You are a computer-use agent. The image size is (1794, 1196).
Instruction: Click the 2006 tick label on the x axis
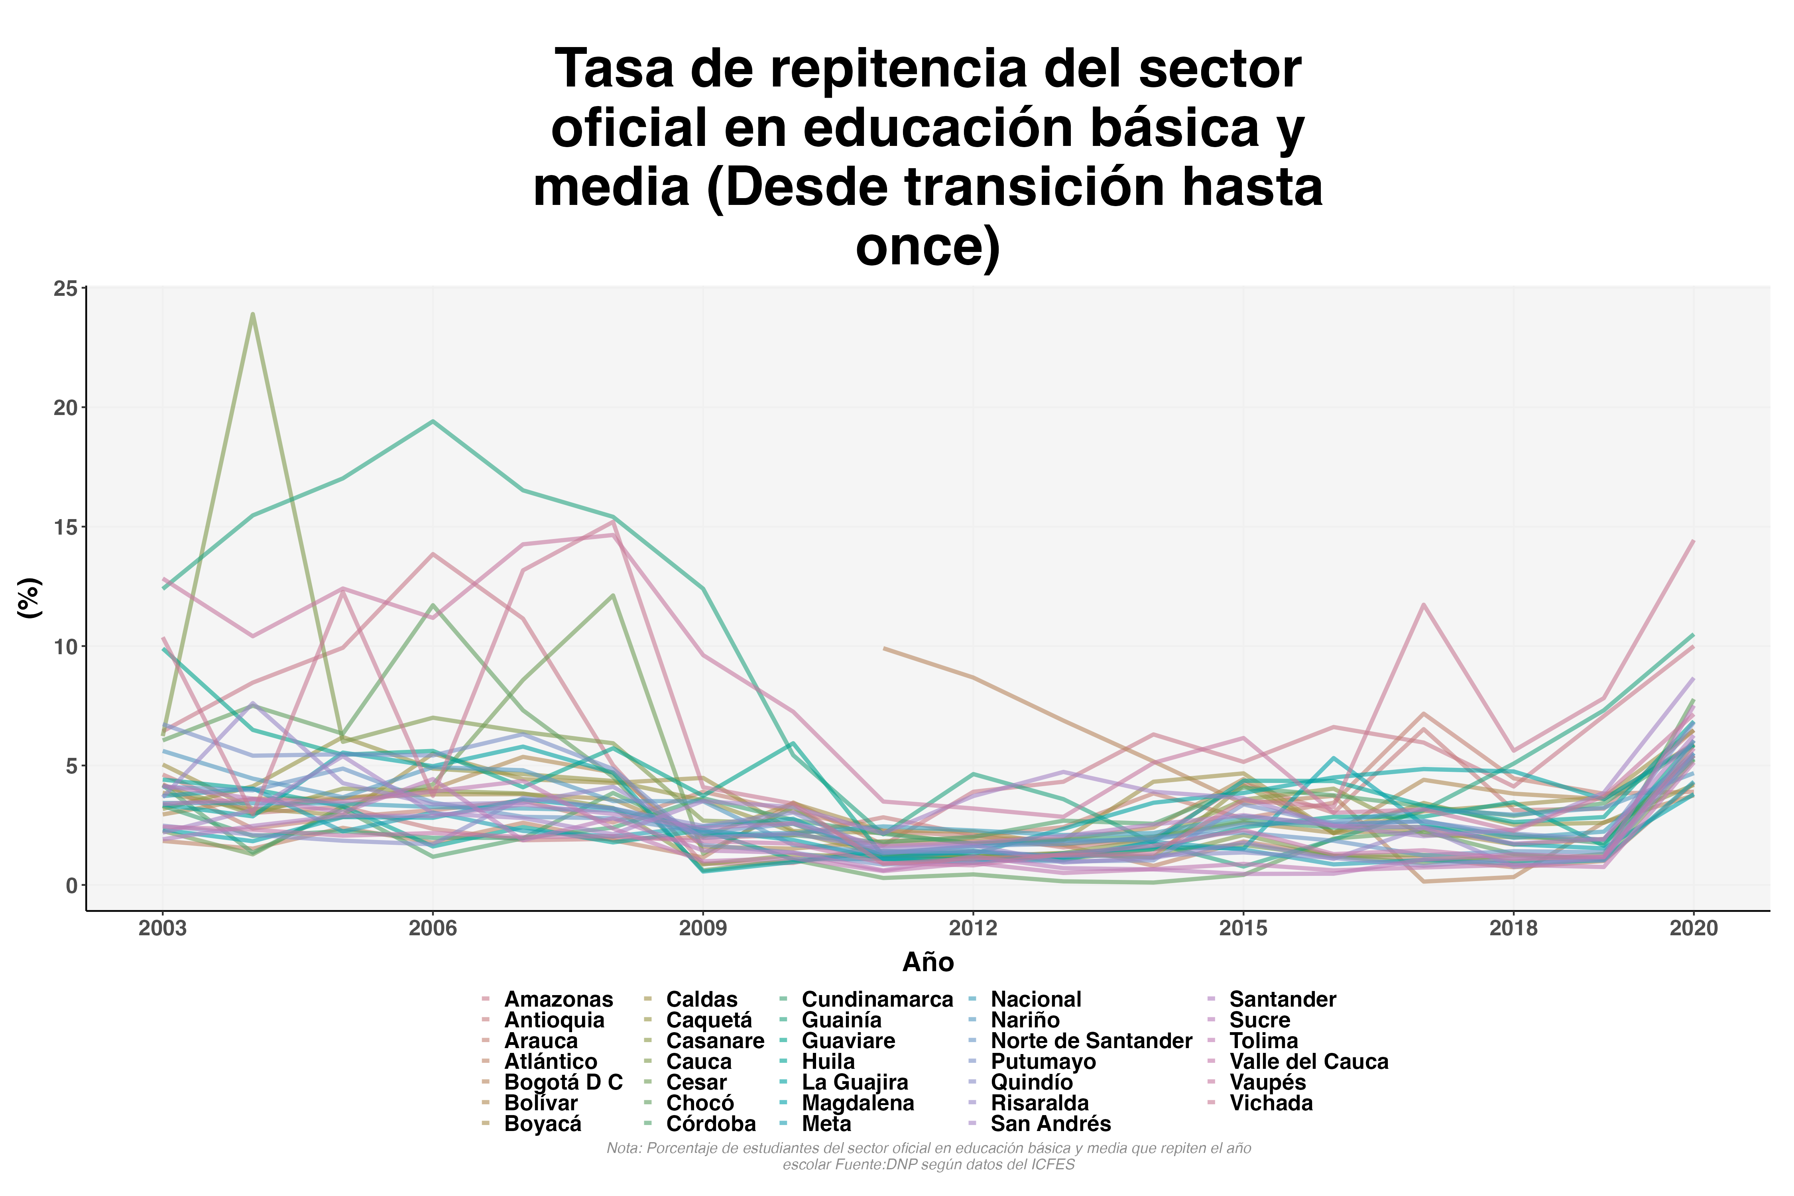click(433, 928)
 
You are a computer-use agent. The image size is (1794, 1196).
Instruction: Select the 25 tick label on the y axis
click(66, 288)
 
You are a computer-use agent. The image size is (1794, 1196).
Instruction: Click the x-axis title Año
click(928, 963)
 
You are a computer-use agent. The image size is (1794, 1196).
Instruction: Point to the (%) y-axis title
click(29, 598)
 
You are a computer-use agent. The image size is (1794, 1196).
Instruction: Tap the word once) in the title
click(928, 246)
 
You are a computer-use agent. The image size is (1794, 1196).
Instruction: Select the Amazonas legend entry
click(559, 999)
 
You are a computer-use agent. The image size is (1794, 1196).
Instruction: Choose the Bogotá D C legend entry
click(563, 1082)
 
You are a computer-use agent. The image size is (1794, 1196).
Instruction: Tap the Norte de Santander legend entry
click(1091, 1041)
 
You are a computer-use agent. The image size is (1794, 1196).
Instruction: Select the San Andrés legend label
click(1050, 1123)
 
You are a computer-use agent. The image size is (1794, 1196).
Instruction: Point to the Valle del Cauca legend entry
click(1309, 1062)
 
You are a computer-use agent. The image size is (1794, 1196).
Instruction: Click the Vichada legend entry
click(1271, 1103)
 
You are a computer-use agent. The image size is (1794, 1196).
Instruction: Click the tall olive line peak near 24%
click(252, 314)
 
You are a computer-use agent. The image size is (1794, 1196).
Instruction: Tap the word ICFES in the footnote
click(1052, 1165)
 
